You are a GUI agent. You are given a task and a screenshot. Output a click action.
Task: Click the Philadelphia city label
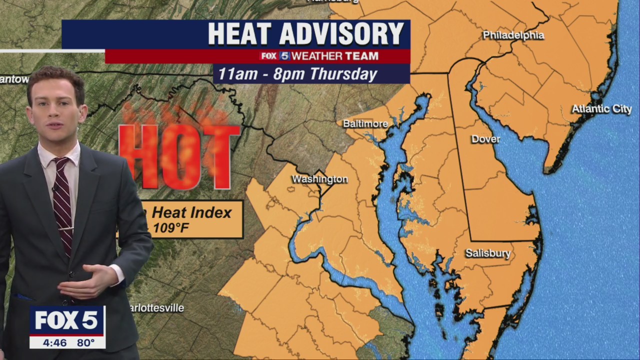click(513, 35)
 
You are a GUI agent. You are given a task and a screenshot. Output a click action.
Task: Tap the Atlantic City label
click(601, 109)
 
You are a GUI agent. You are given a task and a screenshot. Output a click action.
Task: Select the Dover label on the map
click(485, 139)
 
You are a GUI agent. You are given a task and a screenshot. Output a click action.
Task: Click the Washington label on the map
click(319, 179)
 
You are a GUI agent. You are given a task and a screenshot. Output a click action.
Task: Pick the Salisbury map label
click(487, 253)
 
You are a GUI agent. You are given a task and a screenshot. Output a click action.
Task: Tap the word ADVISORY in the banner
click(341, 34)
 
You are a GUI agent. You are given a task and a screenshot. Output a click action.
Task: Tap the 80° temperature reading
click(86, 342)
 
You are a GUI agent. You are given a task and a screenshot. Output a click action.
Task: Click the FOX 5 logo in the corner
click(66, 320)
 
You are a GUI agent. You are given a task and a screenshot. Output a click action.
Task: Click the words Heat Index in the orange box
click(191, 212)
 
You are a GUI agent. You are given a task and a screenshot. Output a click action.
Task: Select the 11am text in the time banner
click(236, 74)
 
